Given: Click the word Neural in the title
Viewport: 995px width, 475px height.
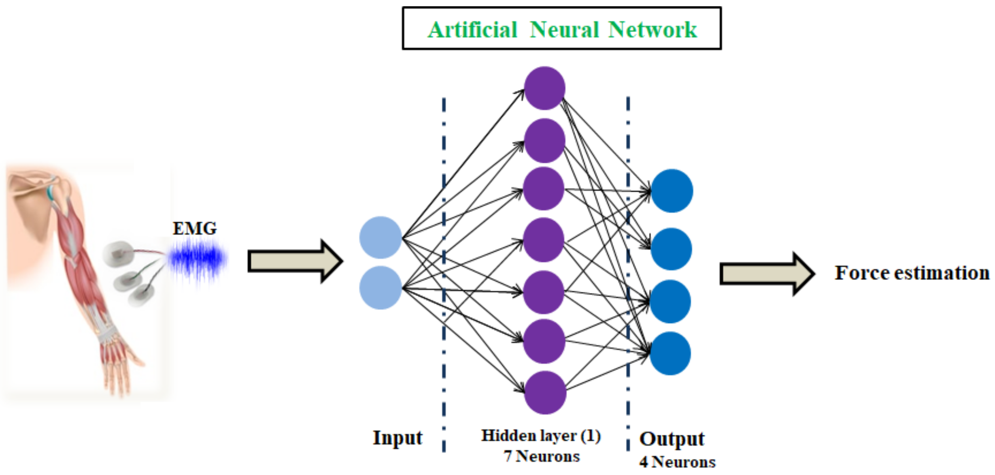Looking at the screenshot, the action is click(564, 30).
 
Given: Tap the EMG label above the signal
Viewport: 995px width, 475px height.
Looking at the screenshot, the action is click(194, 228).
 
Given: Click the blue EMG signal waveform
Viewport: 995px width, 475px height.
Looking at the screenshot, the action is click(197, 259).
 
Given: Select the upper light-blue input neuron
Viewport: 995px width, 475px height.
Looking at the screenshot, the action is click(381, 237).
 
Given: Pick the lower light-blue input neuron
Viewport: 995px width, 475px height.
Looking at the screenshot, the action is click(381, 287).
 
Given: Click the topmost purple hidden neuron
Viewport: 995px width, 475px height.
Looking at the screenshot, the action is click(545, 88).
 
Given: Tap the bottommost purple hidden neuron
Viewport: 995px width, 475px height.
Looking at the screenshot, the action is click(545, 392).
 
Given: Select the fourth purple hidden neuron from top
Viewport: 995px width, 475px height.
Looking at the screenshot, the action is click(544, 240).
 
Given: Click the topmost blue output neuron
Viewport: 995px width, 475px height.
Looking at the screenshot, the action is click(672, 191).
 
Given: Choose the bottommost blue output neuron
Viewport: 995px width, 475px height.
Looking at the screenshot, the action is click(670, 353).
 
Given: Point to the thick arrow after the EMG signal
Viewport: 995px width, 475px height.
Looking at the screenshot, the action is click(295, 261).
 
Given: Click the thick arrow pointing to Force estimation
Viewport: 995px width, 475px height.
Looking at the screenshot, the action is click(767, 274).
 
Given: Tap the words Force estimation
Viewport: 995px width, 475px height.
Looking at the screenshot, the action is click(912, 273).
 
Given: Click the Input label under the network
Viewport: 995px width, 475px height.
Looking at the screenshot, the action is click(397, 437).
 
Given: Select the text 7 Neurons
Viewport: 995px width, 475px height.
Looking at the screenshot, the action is click(542, 456).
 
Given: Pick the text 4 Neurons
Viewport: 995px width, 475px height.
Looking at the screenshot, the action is click(677, 462).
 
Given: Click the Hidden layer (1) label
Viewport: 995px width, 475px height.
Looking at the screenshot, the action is click(541, 436).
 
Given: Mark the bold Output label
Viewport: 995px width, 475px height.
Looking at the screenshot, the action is click(672, 439).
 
